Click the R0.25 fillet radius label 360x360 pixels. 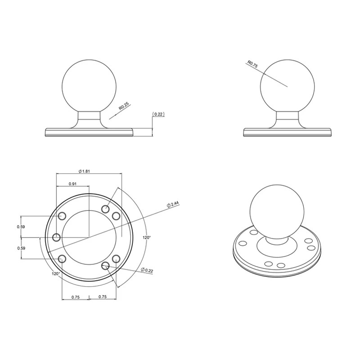(x=123, y=107)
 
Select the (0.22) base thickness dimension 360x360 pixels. (x=158, y=114)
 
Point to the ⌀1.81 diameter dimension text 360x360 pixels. (x=85, y=171)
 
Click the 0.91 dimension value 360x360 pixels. (x=72, y=184)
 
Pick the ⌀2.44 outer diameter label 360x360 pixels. (x=173, y=204)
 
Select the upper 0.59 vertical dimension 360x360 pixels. (x=21, y=227)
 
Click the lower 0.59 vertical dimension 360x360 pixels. (x=21, y=248)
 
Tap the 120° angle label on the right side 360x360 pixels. (x=147, y=237)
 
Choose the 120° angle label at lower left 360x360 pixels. (x=55, y=273)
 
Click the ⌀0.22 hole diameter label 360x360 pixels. (x=147, y=270)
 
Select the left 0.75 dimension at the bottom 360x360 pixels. (x=75, y=297)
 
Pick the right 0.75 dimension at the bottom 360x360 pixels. (x=102, y=297)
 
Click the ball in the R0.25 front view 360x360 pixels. (x=90, y=87)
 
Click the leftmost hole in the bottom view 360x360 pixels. (x=57, y=237)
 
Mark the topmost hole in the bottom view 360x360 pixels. (x=106, y=209)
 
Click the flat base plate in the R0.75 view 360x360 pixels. (x=288, y=132)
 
